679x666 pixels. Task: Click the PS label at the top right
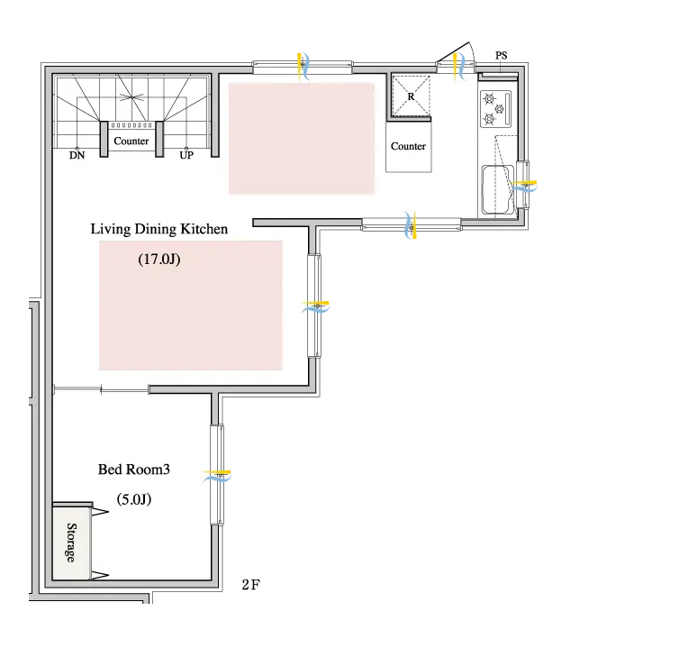pyautogui.click(x=501, y=56)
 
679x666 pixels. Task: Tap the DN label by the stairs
pyautogui.click(x=77, y=155)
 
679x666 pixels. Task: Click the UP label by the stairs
pyautogui.click(x=186, y=155)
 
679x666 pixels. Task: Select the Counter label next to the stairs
pyautogui.click(x=131, y=141)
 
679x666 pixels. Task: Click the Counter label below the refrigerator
pyautogui.click(x=408, y=146)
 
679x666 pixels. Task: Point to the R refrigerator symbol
pyautogui.click(x=411, y=96)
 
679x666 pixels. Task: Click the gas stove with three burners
pyautogui.click(x=496, y=109)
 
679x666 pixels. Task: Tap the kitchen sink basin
pyautogui.click(x=497, y=189)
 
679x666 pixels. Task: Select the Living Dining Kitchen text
pyautogui.click(x=158, y=229)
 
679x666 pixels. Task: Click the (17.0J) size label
pyautogui.click(x=159, y=260)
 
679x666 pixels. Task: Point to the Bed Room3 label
pyautogui.click(x=134, y=470)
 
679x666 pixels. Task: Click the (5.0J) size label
pyautogui.click(x=134, y=499)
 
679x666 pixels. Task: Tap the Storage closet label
pyautogui.click(x=71, y=543)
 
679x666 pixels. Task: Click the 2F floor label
pyautogui.click(x=250, y=585)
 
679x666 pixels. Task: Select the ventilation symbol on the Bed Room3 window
pyautogui.click(x=217, y=476)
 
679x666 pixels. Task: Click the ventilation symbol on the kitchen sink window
pyautogui.click(x=524, y=186)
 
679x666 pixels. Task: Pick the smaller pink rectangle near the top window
pyautogui.click(x=302, y=138)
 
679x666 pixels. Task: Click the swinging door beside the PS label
pyautogui.click(x=455, y=57)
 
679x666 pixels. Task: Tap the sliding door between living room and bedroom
pyautogui.click(x=101, y=389)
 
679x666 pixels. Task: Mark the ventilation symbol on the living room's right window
pyautogui.click(x=315, y=306)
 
